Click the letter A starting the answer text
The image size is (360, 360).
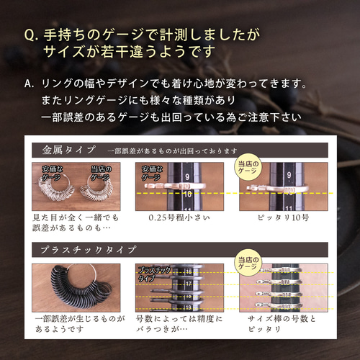coord(30,84)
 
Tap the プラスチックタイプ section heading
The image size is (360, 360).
coord(86,250)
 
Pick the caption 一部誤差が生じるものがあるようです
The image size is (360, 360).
coord(72,323)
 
